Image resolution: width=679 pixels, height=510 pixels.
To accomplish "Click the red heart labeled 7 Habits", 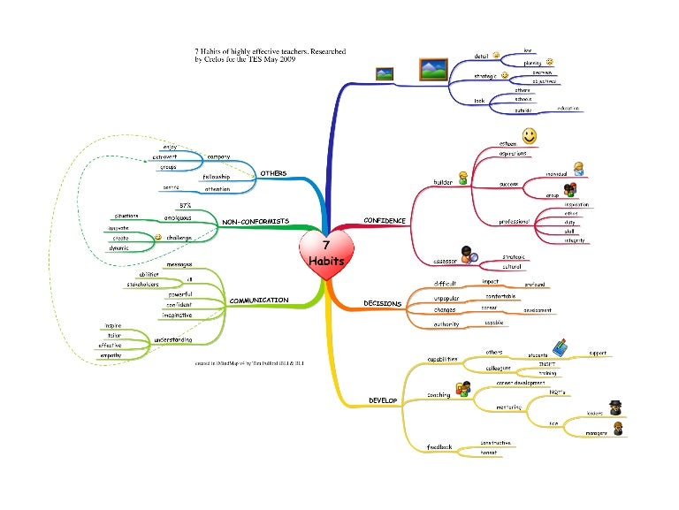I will click(x=324, y=254).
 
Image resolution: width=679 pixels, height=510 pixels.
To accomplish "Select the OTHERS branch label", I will click(x=272, y=173).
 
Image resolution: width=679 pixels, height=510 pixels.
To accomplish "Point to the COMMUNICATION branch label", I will click(x=259, y=301).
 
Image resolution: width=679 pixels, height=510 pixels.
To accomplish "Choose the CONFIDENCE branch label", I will click(x=385, y=220).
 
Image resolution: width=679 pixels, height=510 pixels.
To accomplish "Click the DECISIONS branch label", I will click(x=383, y=303).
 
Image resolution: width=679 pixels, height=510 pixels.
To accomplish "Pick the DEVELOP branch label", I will click(x=383, y=400).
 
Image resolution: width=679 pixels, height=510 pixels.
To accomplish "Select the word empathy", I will click(x=111, y=355).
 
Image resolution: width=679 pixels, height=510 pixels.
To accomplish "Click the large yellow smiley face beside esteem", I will click(x=529, y=136).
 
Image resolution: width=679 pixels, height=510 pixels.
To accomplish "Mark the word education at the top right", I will click(x=568, y=108).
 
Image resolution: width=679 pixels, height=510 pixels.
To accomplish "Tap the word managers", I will click(x=596, y=432).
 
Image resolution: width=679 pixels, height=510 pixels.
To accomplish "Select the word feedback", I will click(x=439, y=447).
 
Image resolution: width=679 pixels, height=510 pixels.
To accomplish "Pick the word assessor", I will click(x=444, y=261).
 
